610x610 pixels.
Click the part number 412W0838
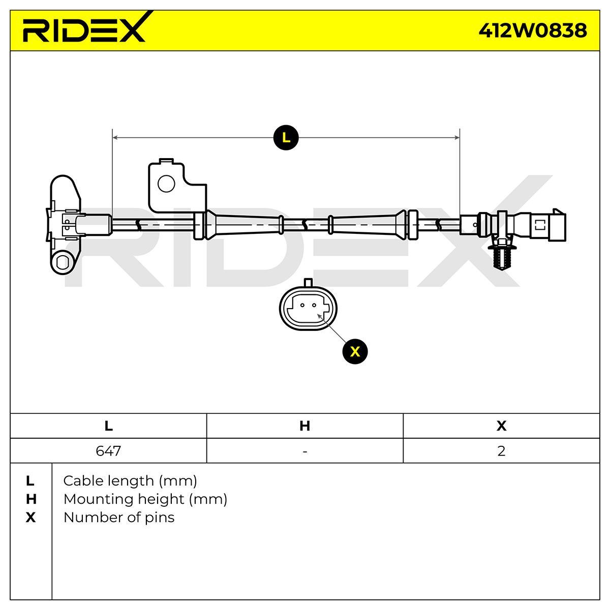click(532, 30)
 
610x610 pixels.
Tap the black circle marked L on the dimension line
click(286, 137)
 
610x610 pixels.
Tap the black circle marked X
click(355, 351)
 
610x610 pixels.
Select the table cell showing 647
click(108, 451)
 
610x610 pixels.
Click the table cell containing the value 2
click(501, 451)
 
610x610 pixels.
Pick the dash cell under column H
click(305, 451)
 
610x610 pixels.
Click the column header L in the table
click(108, 426)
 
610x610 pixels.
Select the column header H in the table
click(305, 426)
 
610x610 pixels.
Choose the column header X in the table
click(501, 426)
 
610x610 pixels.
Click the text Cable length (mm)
click(130, 481)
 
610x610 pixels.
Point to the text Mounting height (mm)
click(145, 499)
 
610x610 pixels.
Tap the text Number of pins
click(119, 517)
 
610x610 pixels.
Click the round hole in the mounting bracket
click(166, 184)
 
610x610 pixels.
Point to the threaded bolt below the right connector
click(502, 258)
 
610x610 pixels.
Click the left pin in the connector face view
click(302, 305)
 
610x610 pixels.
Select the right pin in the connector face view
click(314, 305)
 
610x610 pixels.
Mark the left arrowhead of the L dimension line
click(115, 137)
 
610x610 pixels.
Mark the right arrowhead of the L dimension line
click(457, 137)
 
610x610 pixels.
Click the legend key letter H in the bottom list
click(31, 499)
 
